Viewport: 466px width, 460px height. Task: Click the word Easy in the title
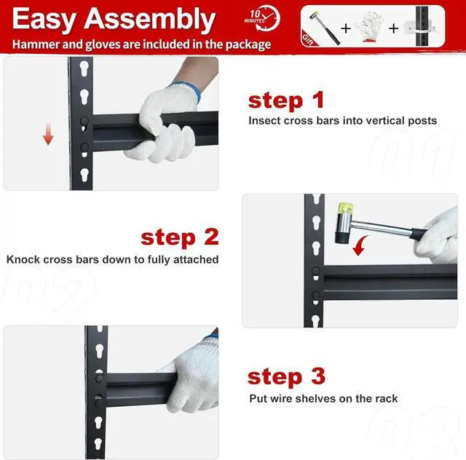pyautogui.click(x=44, y=20)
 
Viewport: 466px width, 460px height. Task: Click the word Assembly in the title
pyautogui.click(x=149, y=20)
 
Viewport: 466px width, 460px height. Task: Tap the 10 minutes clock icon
pyautogui.click(x=262, y=17)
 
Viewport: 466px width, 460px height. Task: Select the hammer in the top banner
pyautogui.click(x=325, y=28)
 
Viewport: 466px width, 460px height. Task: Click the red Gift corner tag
pyautogui.click(x=309, y=39)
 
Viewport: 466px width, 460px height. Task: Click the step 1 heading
pyautogui.click(x=286, y=100)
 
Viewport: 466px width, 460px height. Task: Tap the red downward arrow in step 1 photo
pyautogui.click(x=48, y=134)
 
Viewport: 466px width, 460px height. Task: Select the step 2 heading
pyautogui.click(x=180, y=238)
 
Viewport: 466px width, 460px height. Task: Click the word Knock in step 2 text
pyautogui.click(x=23, y=259)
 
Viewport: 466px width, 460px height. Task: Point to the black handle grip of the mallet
pyautogui.click(x=419, y=234)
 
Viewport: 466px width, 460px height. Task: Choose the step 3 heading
pyautogui.click(x=286, y=377)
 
